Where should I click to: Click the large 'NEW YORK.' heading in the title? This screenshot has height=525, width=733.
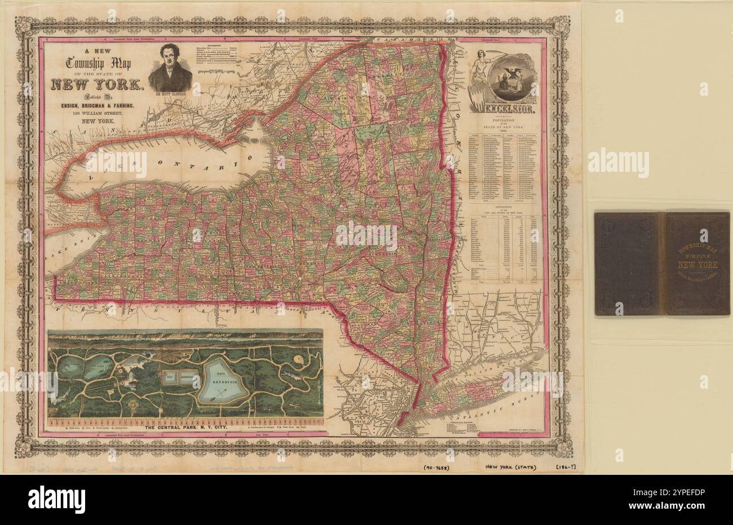[98, 85]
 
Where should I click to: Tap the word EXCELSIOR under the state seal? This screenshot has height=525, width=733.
[504, 105]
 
